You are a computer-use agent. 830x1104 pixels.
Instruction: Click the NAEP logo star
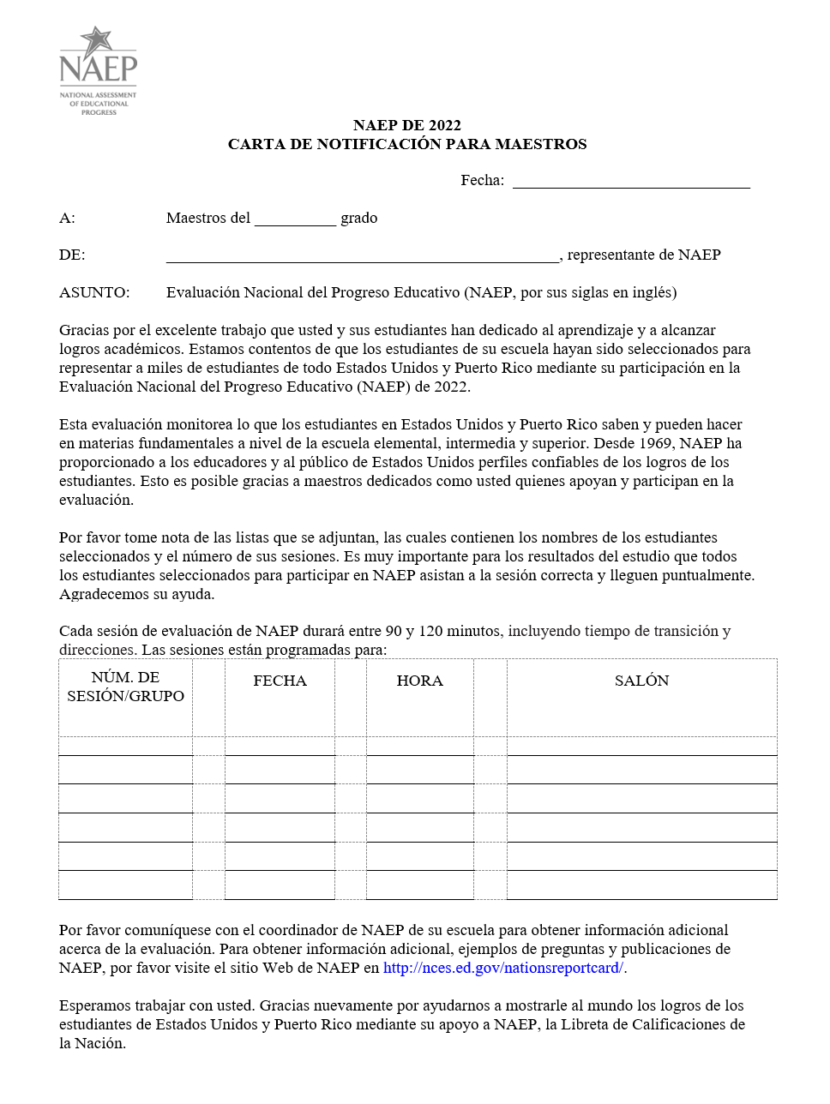coord(97,40)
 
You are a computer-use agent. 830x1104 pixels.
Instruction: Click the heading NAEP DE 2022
coord(407,125)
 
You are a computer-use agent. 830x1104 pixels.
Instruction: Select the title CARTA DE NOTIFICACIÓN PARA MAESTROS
coord(407,144)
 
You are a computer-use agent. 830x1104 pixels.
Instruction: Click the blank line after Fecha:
coord(631,182)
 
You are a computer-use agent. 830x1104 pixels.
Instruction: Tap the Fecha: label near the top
coord(482,180)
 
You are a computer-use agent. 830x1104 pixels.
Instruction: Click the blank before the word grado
coord(295,219)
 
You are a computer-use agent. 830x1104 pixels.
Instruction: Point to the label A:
coord(67,218)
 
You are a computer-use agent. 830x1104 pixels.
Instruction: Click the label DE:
coord(72,255)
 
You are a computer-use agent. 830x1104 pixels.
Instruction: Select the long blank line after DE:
coord(362,256)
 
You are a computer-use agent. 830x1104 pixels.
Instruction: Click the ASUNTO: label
coord(94,292)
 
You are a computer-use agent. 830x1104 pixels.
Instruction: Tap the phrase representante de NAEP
coord(644,255)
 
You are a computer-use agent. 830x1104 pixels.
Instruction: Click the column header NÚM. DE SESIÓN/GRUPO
coord(125,687)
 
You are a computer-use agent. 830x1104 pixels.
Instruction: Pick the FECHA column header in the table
coord(280,681)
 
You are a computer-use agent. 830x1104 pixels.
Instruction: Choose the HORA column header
coord(419,681)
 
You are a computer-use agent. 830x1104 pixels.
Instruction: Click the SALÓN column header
coord(641,681)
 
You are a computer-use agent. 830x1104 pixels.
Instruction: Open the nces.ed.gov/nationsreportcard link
coord(503,968)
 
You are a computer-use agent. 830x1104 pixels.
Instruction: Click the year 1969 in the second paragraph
coord(655,443)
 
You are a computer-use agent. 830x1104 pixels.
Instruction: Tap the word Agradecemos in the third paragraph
coord(101,594)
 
